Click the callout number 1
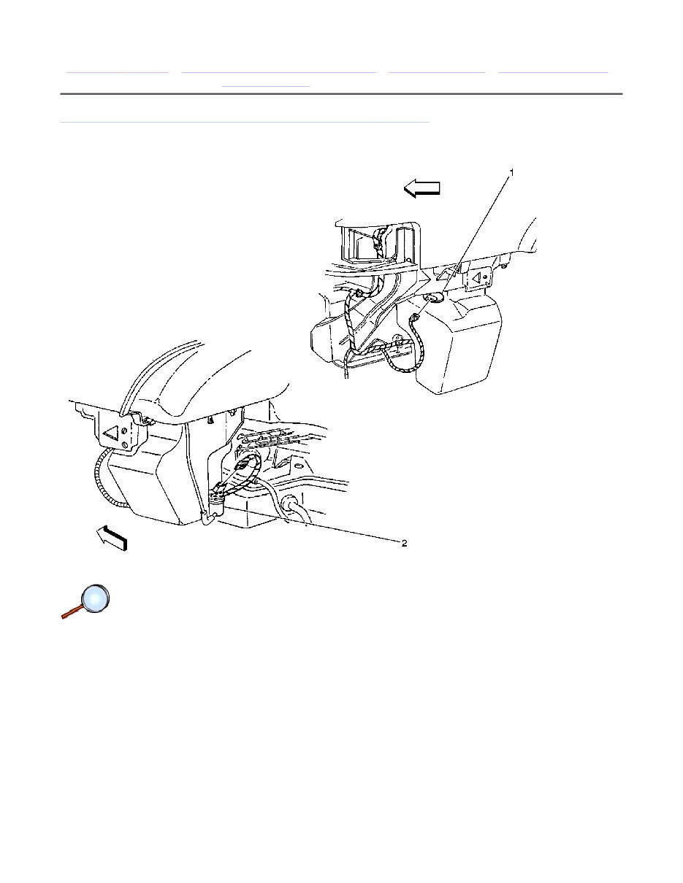[511, 172]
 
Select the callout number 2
[402, 543]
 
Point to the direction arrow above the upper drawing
[422, 189]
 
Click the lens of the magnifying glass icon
[95, 598]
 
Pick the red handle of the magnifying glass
[71, 614]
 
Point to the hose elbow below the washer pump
[207, 519]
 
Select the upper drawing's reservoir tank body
[460, 343]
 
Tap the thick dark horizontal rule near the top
[341, 94]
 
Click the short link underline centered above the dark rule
[266, 86]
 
